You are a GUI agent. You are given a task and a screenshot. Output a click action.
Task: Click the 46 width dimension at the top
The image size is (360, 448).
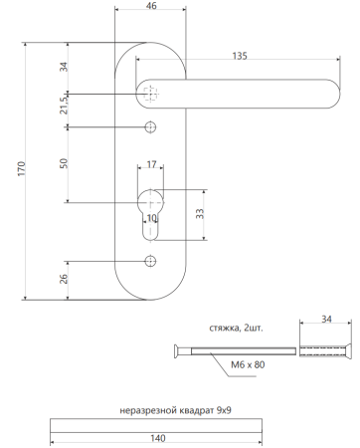click(x=151, y=8)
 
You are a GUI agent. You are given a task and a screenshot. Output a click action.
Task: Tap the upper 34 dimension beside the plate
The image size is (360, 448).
click(x=64, y=69)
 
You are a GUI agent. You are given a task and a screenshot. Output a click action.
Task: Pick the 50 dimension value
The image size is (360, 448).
click(x=64, y=163)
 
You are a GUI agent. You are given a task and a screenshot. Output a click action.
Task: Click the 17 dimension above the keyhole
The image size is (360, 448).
click(x=151, y=164)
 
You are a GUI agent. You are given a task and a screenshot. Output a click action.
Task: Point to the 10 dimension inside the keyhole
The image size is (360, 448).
click(x=151, y=219)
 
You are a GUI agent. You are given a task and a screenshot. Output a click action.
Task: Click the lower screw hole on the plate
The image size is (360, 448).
click(x=151, y=261)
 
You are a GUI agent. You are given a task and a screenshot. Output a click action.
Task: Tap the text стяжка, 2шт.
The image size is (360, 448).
click(x=236, y=327)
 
